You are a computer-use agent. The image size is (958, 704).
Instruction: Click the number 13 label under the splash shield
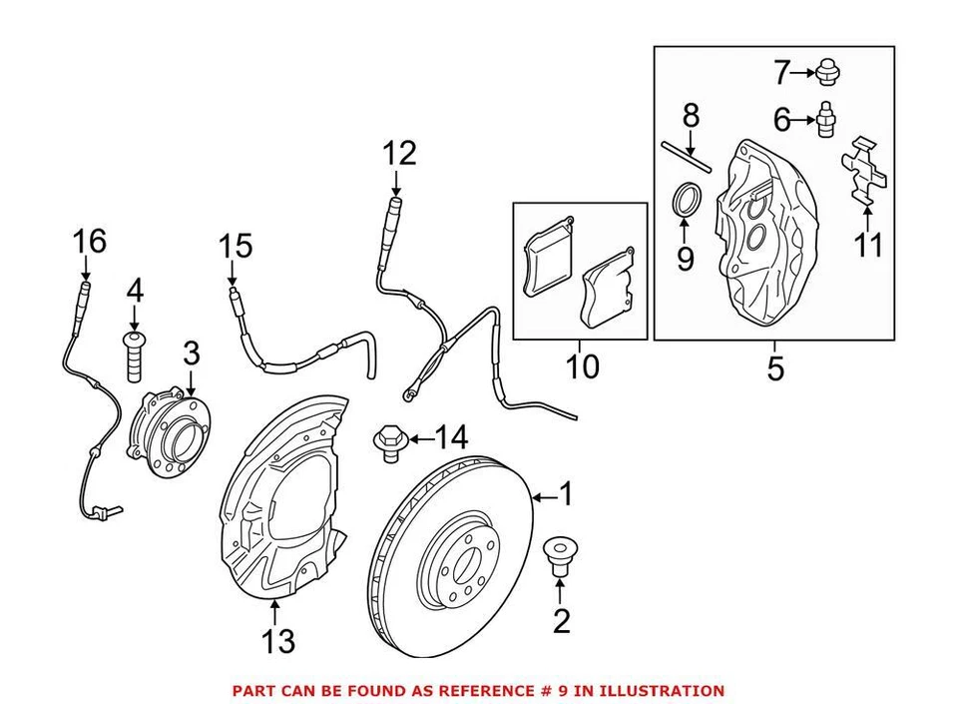click(x=278, y=640)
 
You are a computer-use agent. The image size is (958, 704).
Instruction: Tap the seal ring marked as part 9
click(x=685, y=200)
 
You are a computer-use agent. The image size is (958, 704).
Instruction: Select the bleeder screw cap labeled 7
click(x=824, y=72)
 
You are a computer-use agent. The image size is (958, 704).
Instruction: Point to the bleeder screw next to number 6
click(x=825, y=121)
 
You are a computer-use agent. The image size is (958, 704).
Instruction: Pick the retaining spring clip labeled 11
click(x=864, y=175)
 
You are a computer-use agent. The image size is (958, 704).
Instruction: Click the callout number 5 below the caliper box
click(x=775, y=369)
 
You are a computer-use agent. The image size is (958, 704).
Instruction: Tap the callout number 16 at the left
click(x=88, y=241)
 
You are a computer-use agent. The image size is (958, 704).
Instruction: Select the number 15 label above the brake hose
click(x=237, y=246)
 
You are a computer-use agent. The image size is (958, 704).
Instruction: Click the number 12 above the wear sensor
click(x=397, y=154)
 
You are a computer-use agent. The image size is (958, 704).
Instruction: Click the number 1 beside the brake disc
click(x=566, y=493)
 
